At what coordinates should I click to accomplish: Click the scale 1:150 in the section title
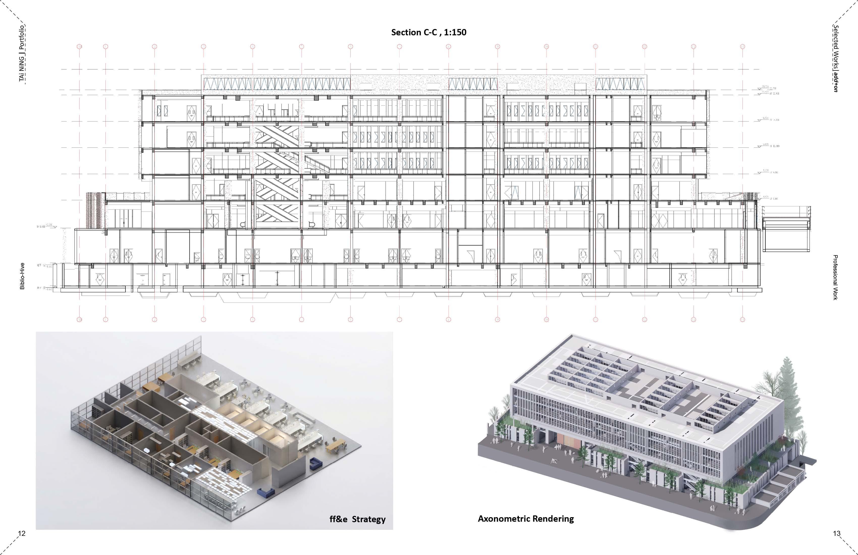[455, 33]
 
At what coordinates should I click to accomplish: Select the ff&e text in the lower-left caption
[338, 519]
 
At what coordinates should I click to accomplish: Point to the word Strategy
[368, 519]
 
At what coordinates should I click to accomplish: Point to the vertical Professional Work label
[835, 277]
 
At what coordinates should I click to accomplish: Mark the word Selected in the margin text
[835, 38]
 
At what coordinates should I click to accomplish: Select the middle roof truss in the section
[473, 84]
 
